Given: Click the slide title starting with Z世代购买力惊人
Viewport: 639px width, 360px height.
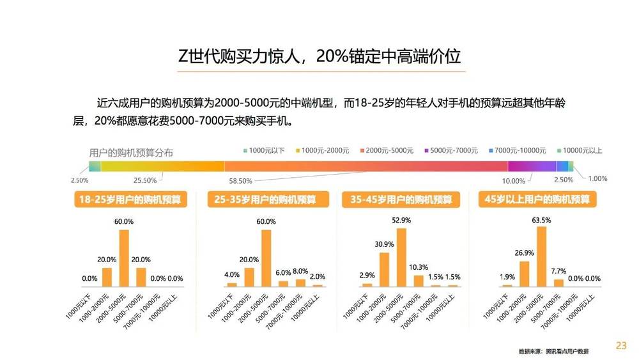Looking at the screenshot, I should pos(319,57).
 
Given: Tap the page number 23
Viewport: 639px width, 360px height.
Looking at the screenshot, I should pos(620,345).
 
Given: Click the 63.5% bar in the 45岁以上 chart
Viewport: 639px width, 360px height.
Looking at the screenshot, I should pos(541,256).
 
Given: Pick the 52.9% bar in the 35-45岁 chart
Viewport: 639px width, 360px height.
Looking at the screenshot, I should pos(401,257).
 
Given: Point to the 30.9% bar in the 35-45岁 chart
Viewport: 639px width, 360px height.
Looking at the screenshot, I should pos(384,269).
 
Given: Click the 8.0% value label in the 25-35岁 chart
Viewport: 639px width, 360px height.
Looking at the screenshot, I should pos(300,270).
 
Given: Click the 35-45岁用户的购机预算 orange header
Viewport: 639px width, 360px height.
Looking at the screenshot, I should pos(401,200).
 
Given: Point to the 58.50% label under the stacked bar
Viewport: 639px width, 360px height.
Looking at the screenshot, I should pos(240,181).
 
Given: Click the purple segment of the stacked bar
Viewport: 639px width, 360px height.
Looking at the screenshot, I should pos(532,166).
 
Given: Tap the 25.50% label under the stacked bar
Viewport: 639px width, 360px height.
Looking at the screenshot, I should pos(146,181).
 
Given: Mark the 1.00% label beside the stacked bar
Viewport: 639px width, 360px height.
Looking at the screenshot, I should pos(597,178).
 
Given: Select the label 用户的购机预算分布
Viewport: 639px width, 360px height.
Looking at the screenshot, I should pos(131,153).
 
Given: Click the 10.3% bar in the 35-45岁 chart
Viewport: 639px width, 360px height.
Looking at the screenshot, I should pos(419,280).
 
